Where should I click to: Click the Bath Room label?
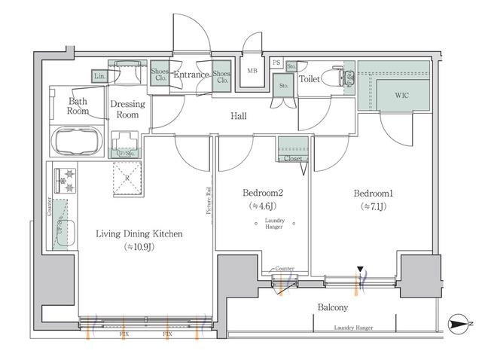click(79, 105)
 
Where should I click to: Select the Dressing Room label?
click(127, 110)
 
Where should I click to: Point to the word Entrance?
click(191, 75)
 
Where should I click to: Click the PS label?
click(276, 63)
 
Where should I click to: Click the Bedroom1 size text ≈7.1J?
click(374, 206)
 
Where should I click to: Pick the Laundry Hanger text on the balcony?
click(353, 328)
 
